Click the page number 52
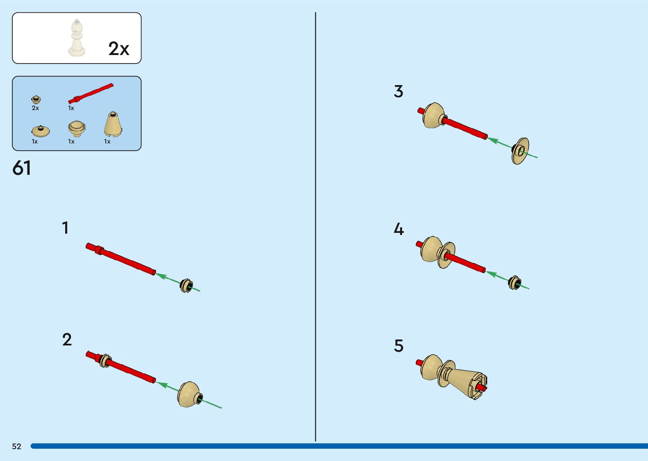pos(17,446)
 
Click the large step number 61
pos(22,168)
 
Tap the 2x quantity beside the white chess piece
pos(119,49)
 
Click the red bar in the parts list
pos(91,93)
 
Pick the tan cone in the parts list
pos(113,125)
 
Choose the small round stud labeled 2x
pos(36,100)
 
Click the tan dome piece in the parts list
pos(77,128)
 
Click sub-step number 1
pos(65,228)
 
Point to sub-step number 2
pos(67,340)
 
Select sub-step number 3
pos(398,91)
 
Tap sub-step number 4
pos(398,229)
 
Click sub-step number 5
pos(399,346)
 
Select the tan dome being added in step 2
pos(188,394)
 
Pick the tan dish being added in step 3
pos(520,151)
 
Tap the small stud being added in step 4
pos(514,282)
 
